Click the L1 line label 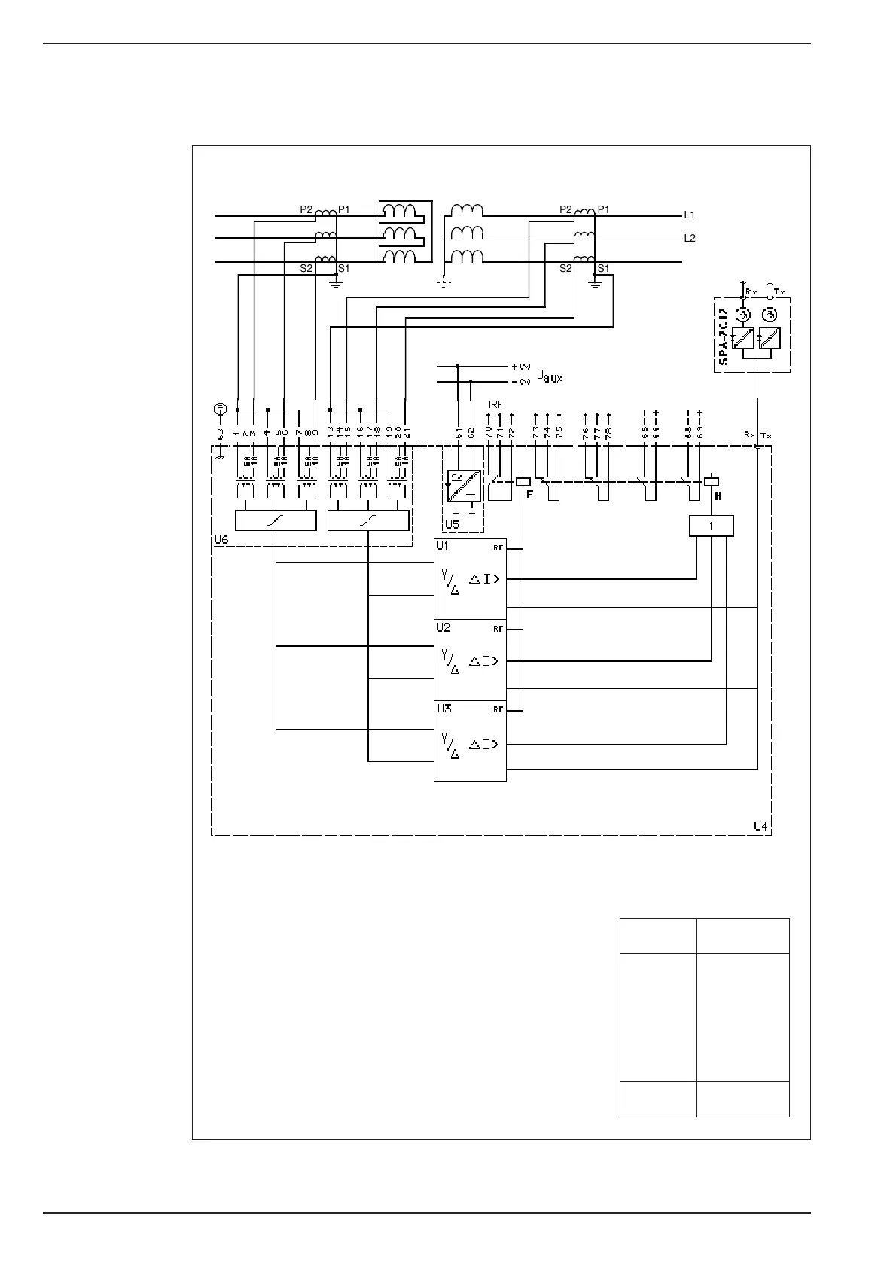coord(689,215)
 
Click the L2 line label coord(689,239)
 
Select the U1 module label coord(443,546)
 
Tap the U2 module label coord(443,628)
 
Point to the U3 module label coord(443,709)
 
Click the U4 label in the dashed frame coord(760,826)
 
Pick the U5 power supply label coord(452,524)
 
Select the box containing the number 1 coord(711,526)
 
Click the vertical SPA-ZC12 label coord(724,336)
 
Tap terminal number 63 coord(221,434)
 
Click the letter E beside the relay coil coord(529,495)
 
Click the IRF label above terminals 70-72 coord(495,405)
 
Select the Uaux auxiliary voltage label coord(549,374)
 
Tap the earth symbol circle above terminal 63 coord(219,409)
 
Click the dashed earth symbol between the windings coord(443,285)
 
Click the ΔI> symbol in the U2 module coord(484,661)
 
